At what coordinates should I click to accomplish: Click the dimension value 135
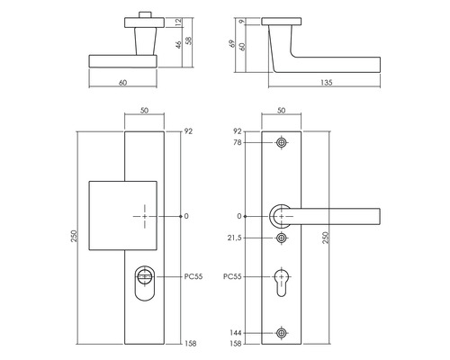point(326,83)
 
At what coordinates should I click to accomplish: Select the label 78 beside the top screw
point(238,142)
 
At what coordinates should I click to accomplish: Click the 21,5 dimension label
point(235,238)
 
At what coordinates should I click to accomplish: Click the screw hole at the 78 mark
point(283,142)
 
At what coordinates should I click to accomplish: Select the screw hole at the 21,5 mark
point(283,238)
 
